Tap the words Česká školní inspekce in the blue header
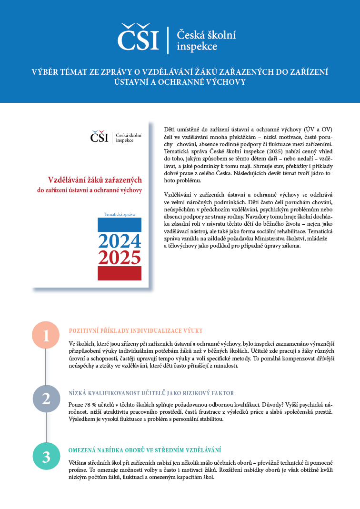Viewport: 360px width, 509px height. tap(206, 40)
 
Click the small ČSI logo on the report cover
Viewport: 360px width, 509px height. tap(99, 137)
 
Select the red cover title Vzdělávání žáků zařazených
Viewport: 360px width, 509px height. tap(95, 180)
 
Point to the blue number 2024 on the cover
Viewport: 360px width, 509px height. tap(120, 241)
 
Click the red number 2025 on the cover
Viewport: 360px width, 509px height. tap(120, 258)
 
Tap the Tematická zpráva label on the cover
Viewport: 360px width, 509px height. tap(119, 214)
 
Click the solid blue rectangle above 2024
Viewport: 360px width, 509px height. tap(120, 224)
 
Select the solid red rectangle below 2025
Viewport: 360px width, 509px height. tap(120, 273)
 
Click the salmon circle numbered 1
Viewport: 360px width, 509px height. tap(46, 336)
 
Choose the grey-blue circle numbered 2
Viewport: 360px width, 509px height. tap(46, 399)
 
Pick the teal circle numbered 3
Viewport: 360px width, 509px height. tap(46, 457)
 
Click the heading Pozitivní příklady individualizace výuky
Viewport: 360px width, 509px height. tap(136, 330)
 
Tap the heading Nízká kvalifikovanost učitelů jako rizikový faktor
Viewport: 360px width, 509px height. tap(151, 393)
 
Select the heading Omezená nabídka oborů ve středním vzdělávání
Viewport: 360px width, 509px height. tap(145, 450)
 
